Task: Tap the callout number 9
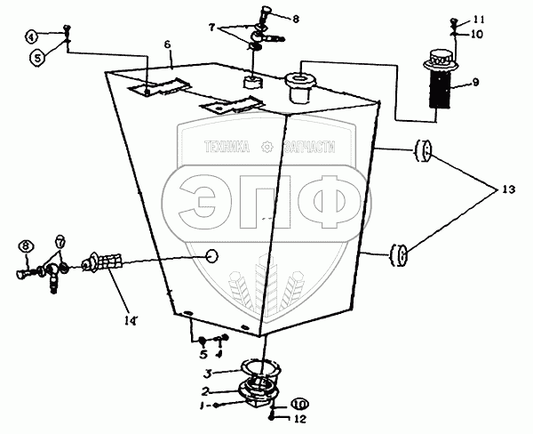click(475, 83)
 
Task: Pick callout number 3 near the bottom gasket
click(207, 374)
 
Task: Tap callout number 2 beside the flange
click(207, 390)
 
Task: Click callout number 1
click(203, 406)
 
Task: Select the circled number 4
click(31, 36)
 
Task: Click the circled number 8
click(26, 245)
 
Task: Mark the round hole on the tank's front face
click(212, 255)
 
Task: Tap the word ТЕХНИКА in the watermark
click(226, 149)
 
